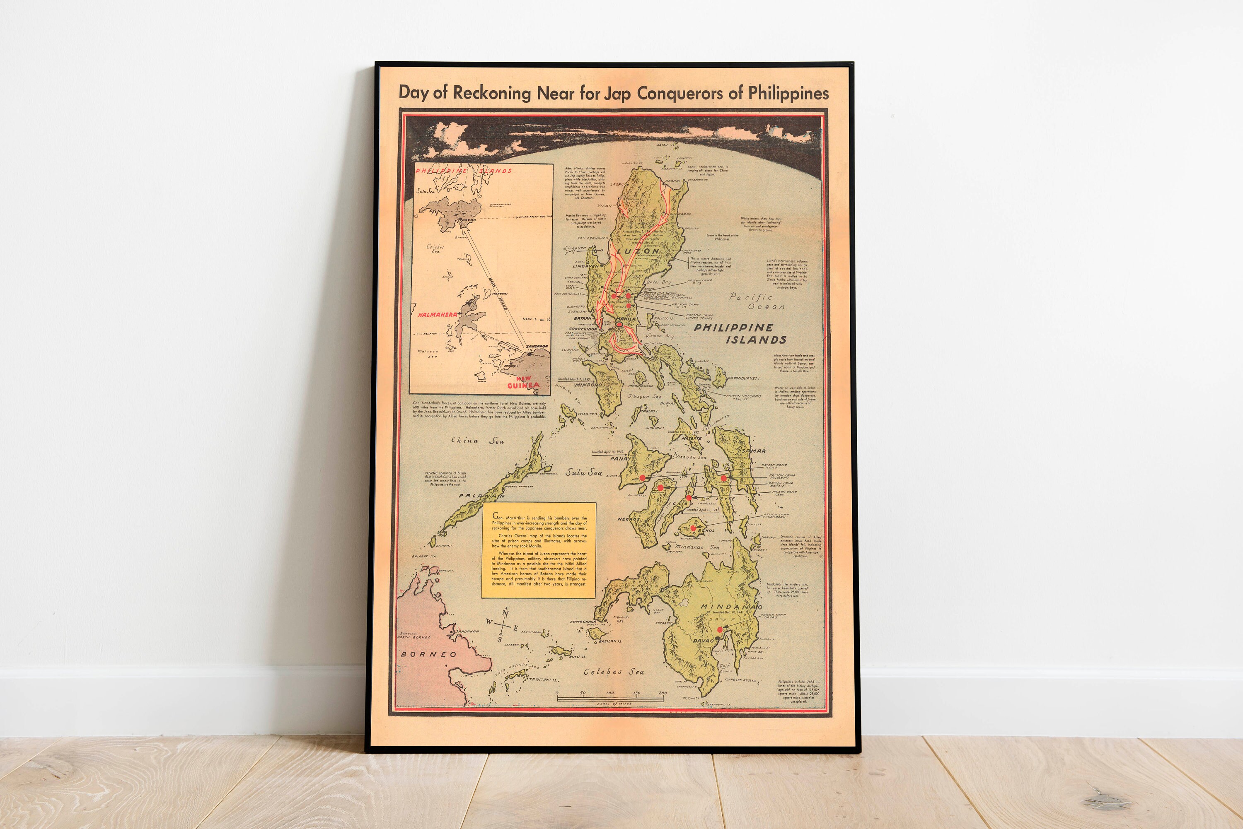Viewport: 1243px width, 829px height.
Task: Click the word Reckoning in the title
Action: pyautogui.click(x=491, y=93)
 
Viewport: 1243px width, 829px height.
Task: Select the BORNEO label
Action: pyautogui.click(x=428, y=654)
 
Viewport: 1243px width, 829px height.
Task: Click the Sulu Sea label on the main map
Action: pyautogui.click(x=583, y=472)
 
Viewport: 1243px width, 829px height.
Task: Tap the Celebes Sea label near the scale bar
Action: pyautogui.click(x=614, y=672)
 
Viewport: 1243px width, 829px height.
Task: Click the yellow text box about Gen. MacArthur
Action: pyautogui.click(x=539, y=550)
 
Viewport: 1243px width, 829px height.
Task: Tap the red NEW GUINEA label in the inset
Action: pyautogui.click(x=522, y=382)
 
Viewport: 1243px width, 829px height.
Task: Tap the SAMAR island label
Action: pyautogui.click(x=753, y=451)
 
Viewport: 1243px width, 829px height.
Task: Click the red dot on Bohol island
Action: pyautogui.click(x=693, y=528)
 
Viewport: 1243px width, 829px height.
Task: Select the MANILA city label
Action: pyautogui.click(x=626, y=319)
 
